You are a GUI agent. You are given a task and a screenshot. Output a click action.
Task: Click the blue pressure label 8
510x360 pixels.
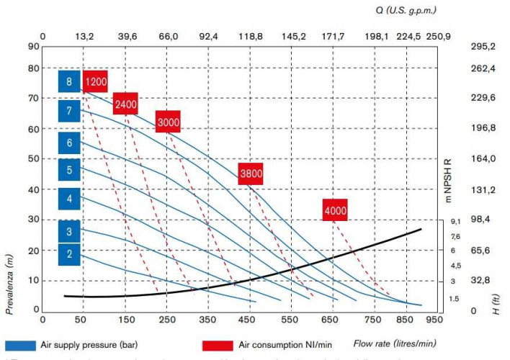point(69,81)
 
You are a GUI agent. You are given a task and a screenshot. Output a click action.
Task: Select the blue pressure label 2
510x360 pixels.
point(69,253)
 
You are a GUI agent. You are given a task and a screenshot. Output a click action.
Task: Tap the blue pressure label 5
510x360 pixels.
point(69,171)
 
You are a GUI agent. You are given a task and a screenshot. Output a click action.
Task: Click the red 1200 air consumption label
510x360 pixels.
point(95,81)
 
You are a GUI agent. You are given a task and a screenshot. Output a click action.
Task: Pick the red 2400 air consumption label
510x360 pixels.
point(125,104)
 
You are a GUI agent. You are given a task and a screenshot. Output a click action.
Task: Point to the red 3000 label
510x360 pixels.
point(168,122)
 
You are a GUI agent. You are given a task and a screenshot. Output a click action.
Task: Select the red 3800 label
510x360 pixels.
point(251,174)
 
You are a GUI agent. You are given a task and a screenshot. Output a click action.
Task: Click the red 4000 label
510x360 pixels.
point(335,210)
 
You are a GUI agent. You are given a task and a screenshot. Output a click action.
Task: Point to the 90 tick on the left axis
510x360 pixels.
point(33,46)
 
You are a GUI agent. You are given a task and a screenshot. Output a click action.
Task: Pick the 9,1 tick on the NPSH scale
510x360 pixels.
point(455,221)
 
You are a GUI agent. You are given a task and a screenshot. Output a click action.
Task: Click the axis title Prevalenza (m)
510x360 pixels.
point(10,284)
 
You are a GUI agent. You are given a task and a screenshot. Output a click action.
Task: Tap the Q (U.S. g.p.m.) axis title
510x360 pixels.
point(406,10)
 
